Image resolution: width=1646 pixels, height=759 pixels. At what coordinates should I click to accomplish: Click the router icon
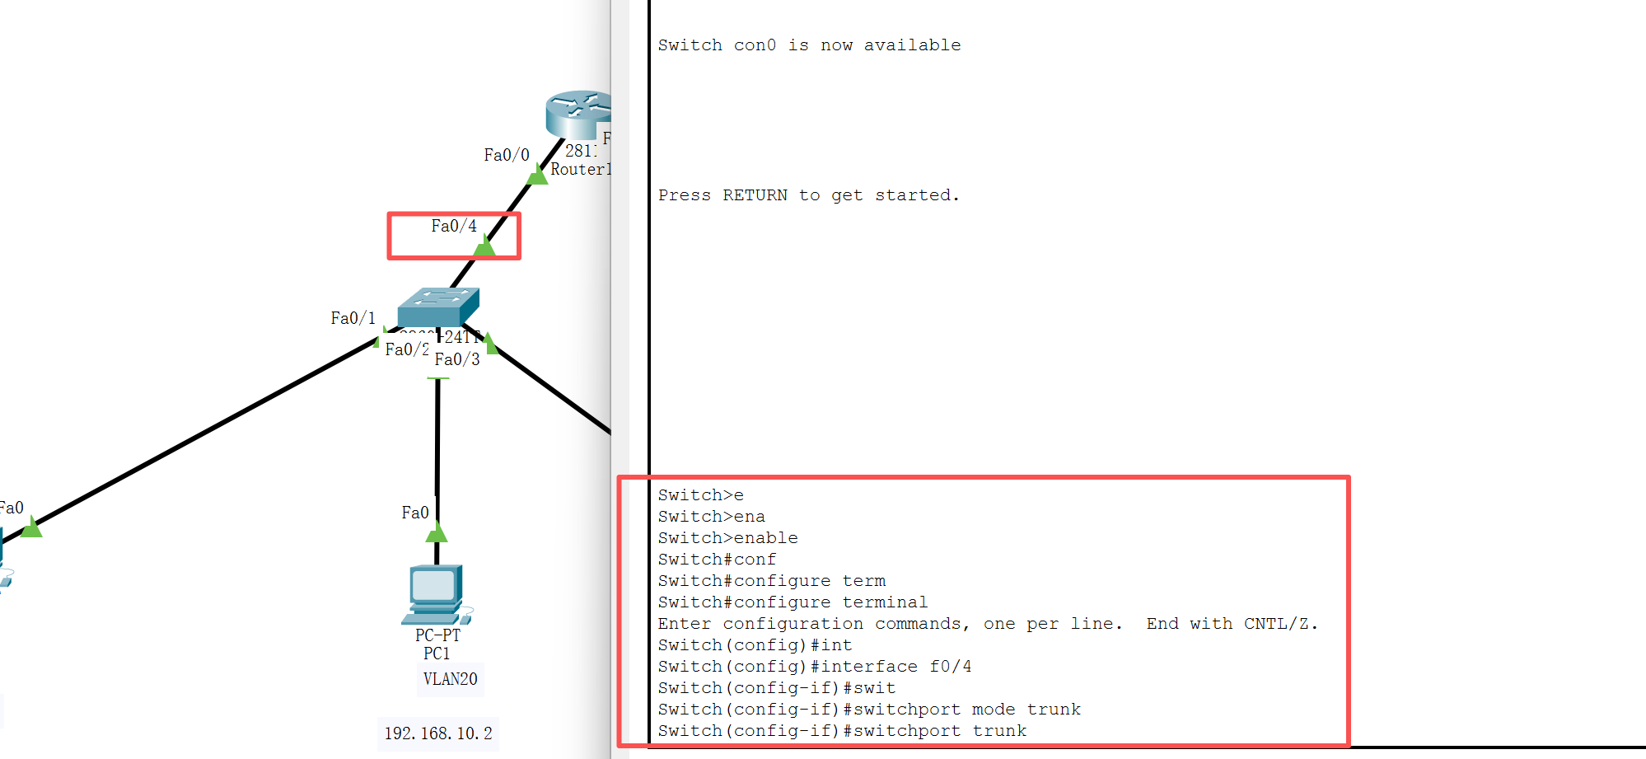pos(579,114)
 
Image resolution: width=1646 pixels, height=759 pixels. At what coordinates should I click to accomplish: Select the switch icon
pos(437,307)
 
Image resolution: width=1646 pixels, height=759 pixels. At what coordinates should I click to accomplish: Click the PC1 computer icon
pos(435,594)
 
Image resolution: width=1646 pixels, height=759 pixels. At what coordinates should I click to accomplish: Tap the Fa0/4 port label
pos(453,226)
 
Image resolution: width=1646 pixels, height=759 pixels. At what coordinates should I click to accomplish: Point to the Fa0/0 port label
pos(506,155)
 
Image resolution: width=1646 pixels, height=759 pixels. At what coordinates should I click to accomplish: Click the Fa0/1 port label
pos(353,318)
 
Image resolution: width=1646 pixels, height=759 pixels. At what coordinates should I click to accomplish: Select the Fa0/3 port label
pos(457,359)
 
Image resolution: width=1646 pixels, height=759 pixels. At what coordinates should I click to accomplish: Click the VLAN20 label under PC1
pos(450,679)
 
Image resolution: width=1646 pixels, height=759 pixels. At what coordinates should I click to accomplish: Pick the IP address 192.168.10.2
pos(437,733)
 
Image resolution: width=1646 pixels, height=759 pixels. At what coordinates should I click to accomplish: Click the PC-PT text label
pos(437,635)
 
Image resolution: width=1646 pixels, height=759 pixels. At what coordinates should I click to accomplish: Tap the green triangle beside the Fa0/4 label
pos(484,246)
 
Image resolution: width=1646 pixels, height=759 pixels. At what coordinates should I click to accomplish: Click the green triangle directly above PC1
pos(437,533)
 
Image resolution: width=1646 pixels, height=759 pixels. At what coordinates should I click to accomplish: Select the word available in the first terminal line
pos(912,45)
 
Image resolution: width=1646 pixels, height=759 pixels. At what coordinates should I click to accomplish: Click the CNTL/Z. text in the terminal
pos(1280,624)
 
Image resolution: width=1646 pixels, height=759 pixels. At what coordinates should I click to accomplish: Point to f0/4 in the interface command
pos(951,667)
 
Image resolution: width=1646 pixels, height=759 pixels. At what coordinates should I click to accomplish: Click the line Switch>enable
pos(727,538)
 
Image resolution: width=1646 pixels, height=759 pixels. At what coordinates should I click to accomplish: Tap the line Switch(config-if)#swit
pos(776,688)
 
